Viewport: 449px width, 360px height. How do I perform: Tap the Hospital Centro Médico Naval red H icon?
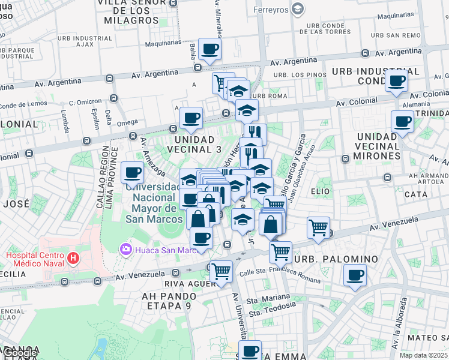coord(73,259)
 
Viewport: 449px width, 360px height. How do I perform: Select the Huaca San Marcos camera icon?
coord(125,248)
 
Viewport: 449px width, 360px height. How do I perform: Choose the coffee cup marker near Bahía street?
coord(209,49)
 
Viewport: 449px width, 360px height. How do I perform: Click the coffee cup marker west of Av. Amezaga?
coord(133,173)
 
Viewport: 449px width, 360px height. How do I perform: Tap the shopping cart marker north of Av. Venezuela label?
coord(318,227)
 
